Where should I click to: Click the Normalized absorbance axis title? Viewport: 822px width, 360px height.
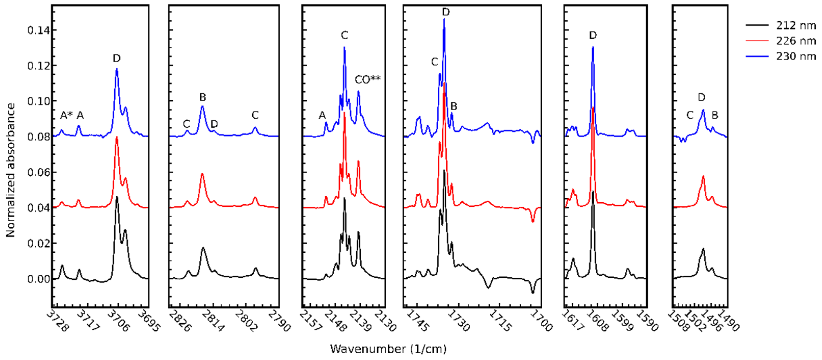click(10, 170)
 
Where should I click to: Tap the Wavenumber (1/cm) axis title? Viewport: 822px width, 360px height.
click(388, 349)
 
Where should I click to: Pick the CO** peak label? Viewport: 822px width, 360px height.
click(368, 79)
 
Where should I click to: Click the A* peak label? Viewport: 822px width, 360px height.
click(66, 115)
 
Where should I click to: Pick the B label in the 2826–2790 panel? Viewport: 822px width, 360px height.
click(203, 97)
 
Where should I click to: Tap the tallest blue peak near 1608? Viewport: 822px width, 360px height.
click(593, 48)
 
